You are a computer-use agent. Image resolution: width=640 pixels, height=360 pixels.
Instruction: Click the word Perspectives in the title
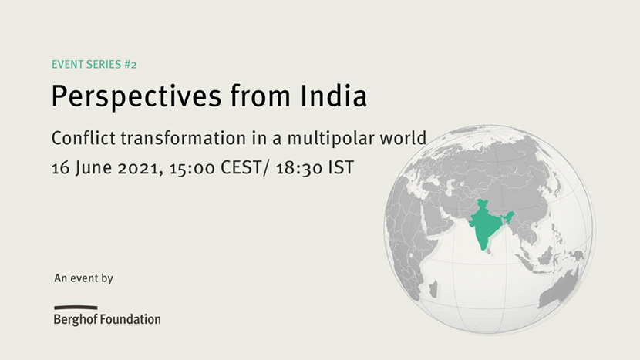point(136,96)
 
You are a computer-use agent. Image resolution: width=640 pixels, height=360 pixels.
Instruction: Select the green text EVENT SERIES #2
point(94,65)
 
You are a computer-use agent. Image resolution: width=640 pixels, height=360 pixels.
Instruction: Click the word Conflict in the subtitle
point(84,138)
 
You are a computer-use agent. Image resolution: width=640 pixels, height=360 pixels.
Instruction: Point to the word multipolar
point(331,139)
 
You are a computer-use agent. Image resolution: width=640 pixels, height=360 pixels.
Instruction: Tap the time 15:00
point(192,168)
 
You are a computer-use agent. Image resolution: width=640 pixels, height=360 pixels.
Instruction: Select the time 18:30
point(299,168)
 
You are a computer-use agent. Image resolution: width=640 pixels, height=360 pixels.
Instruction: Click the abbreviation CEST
point(241,168)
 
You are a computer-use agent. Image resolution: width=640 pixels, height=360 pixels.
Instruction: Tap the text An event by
point(84,278)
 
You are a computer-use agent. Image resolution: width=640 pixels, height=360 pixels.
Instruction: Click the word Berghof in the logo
point(76,319)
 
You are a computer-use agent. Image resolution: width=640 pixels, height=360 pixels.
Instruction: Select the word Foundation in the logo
point(130,319)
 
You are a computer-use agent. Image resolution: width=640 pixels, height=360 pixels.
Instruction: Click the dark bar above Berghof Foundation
point(76,308)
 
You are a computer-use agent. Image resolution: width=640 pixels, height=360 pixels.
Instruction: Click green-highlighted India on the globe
point(485,224)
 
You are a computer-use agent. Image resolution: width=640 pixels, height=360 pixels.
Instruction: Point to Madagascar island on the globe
point(434,288)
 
